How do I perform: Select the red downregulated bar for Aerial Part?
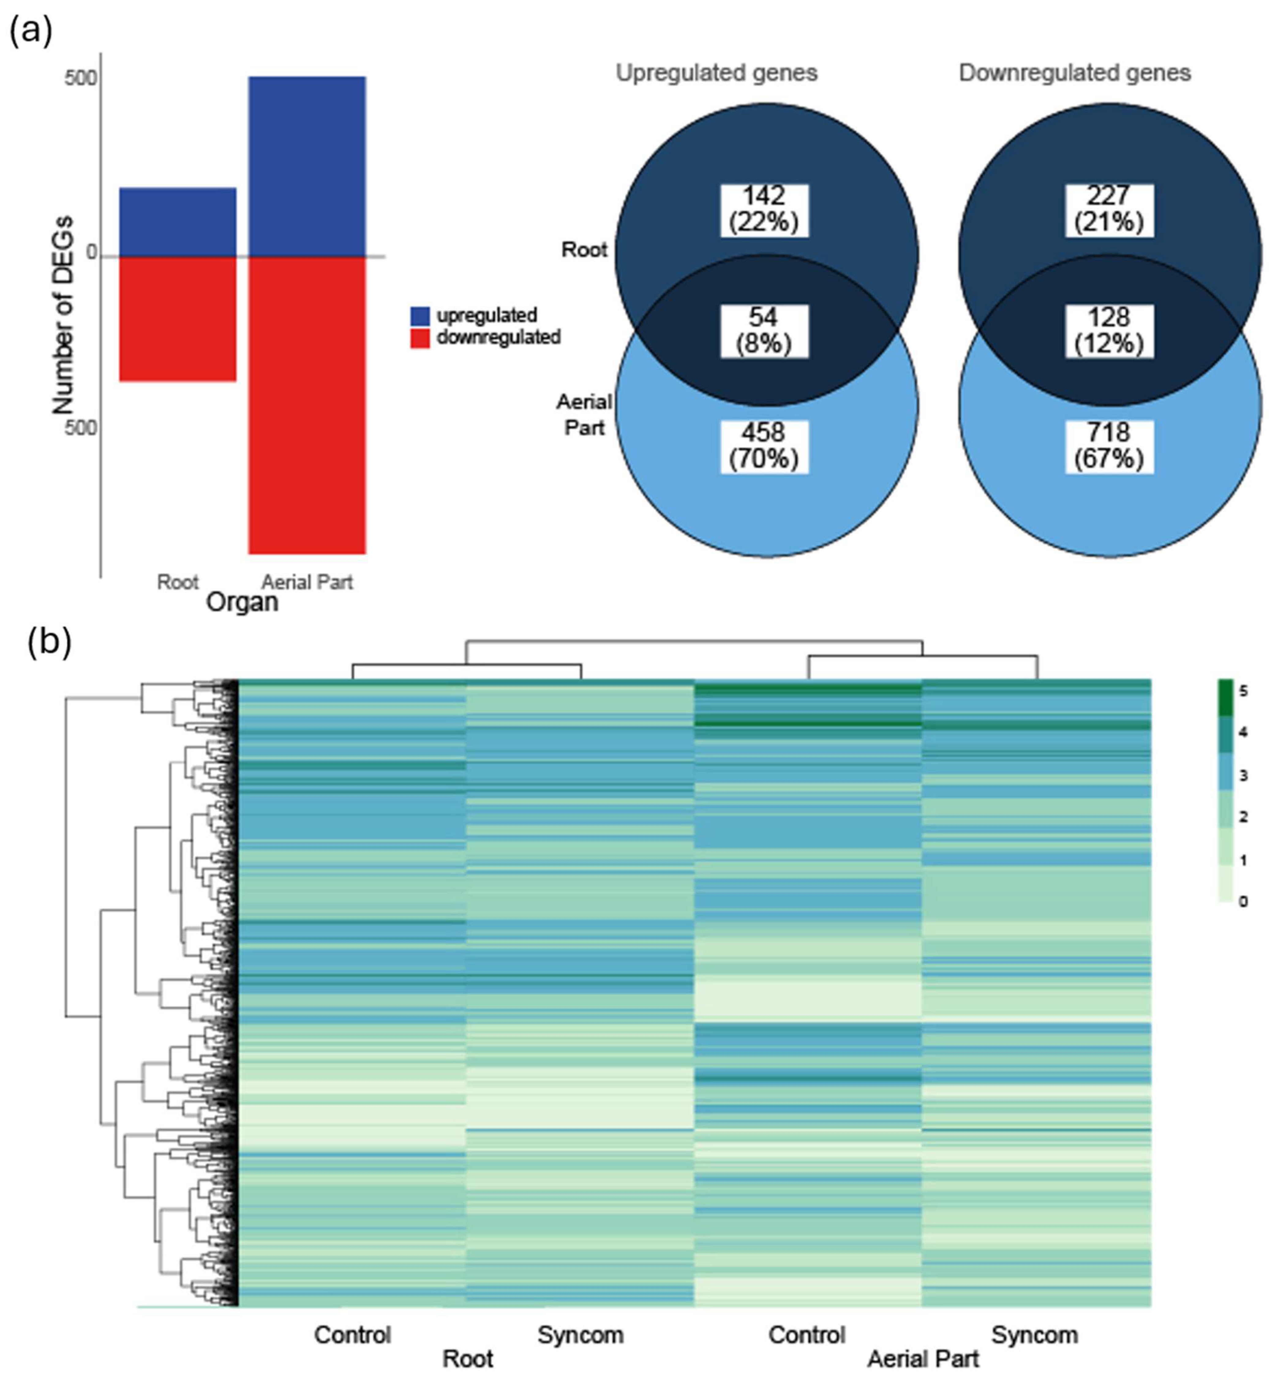pos(307,404)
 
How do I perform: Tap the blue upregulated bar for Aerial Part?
pos(307,167)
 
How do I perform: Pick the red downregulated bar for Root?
pos(178,318)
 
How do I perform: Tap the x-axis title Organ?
pos(242,603)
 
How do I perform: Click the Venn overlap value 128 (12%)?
pos(1109,331)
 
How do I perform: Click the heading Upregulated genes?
pos(716,73)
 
